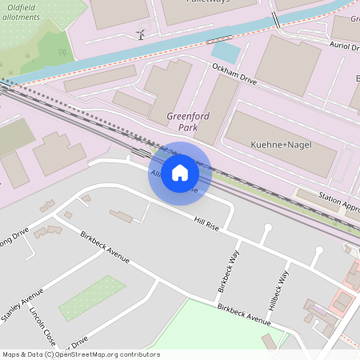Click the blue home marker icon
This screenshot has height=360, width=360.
point(180,173)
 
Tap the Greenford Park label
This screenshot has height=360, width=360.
point(188,122)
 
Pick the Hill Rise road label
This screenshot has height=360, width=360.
point(206,221)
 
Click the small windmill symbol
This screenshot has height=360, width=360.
point(140,34)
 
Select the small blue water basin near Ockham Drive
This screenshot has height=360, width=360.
point(226,53)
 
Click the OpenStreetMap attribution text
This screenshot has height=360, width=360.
point(80,354)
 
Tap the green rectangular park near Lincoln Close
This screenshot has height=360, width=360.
point(92,298)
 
